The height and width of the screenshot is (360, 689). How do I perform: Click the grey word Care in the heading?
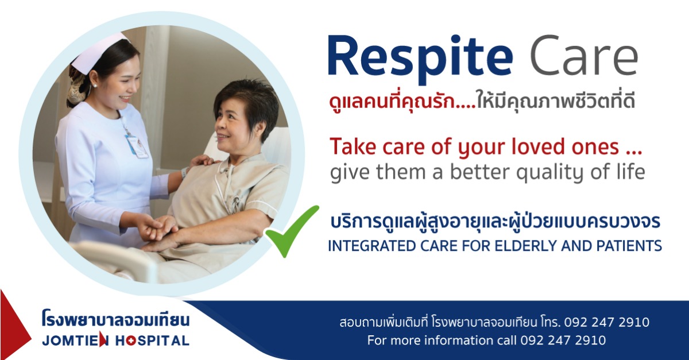583,55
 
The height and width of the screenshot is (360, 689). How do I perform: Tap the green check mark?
292,231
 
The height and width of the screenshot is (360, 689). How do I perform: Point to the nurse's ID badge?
137,146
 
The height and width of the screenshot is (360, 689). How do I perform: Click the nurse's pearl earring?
95,86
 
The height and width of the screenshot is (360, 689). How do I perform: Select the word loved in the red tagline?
539,147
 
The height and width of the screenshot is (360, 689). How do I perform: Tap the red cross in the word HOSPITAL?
130,340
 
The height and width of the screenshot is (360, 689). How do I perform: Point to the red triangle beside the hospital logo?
16,324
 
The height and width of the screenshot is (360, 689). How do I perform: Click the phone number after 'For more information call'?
563,340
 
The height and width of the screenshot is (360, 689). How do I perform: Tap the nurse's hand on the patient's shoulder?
202,161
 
